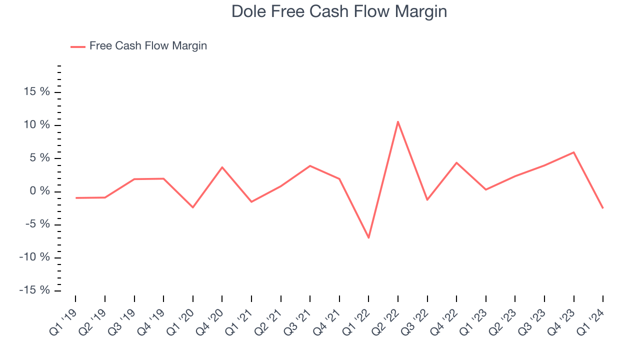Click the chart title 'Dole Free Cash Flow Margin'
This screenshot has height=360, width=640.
339,11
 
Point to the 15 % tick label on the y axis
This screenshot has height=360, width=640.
36,92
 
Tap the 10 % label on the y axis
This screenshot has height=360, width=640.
36,125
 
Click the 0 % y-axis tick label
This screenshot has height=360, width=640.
40,191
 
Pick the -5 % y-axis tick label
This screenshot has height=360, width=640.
37,224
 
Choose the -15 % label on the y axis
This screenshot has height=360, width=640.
34,290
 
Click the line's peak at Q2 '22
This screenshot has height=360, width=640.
398,121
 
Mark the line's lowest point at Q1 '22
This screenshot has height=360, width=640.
368,237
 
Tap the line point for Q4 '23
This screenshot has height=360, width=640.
573,152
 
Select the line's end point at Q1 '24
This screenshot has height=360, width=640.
602,208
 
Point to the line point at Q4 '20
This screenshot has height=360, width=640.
222,167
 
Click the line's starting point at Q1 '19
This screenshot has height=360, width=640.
76,198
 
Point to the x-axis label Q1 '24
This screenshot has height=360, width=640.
592,316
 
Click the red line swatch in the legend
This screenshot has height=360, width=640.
78,46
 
